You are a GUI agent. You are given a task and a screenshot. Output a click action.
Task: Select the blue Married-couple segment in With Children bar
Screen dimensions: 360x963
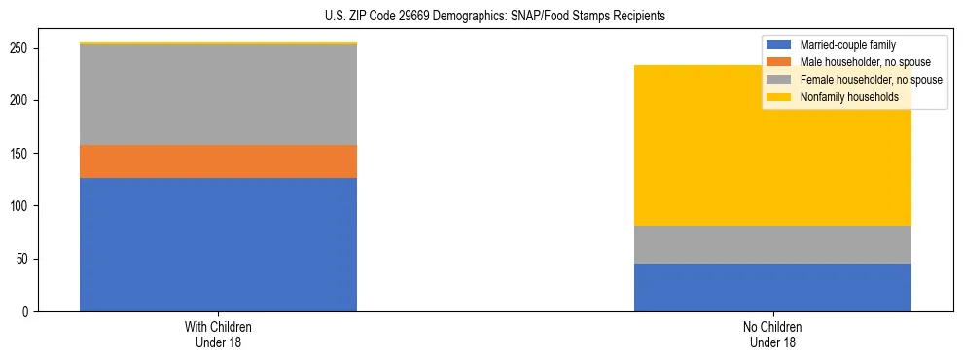[218, 244]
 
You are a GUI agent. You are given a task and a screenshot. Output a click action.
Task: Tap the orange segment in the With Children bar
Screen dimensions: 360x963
[218, 162]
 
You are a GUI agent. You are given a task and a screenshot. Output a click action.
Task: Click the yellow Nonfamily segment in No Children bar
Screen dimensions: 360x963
[772, 146]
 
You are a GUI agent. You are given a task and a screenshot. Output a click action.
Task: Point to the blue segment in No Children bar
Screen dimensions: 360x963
[772, 287]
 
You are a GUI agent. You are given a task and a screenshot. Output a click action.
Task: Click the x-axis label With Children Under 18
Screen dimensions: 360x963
[218, 334]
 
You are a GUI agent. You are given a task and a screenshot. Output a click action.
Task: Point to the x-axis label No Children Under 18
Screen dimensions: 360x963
[772, 334]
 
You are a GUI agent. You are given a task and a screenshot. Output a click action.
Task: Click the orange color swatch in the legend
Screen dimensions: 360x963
[779, 62]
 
